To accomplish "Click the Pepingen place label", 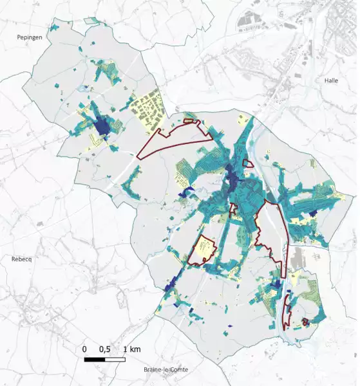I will (30, 39).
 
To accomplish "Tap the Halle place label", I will (331, 81).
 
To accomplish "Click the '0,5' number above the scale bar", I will (105, 349).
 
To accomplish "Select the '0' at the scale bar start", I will (84, 349).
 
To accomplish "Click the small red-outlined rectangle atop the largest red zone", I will (189, 120).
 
